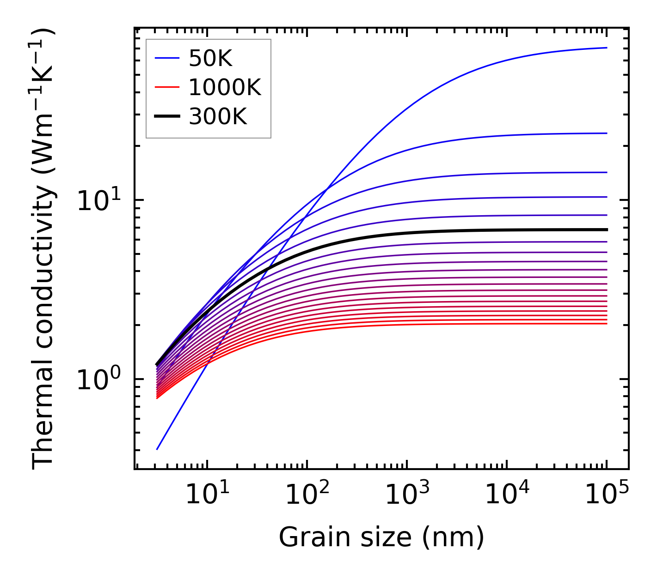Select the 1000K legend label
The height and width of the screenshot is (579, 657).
tap(225, 87)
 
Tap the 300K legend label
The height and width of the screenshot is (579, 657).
tap(218, 117)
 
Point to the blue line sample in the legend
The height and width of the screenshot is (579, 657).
tap(166, 58)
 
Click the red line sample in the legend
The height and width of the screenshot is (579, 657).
tap(166, 87)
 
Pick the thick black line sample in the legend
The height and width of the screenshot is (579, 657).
tap(166, 117)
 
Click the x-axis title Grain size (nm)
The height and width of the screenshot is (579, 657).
tap(381, 537)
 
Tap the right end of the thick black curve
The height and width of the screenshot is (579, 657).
tap(607, 229)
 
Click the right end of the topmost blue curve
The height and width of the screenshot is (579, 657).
tap(607, 48)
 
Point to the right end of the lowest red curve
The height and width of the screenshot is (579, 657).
tap(607, 324)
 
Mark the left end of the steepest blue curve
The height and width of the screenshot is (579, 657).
tap(157, 449)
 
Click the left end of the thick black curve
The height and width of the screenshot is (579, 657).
tap(157, 365)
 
